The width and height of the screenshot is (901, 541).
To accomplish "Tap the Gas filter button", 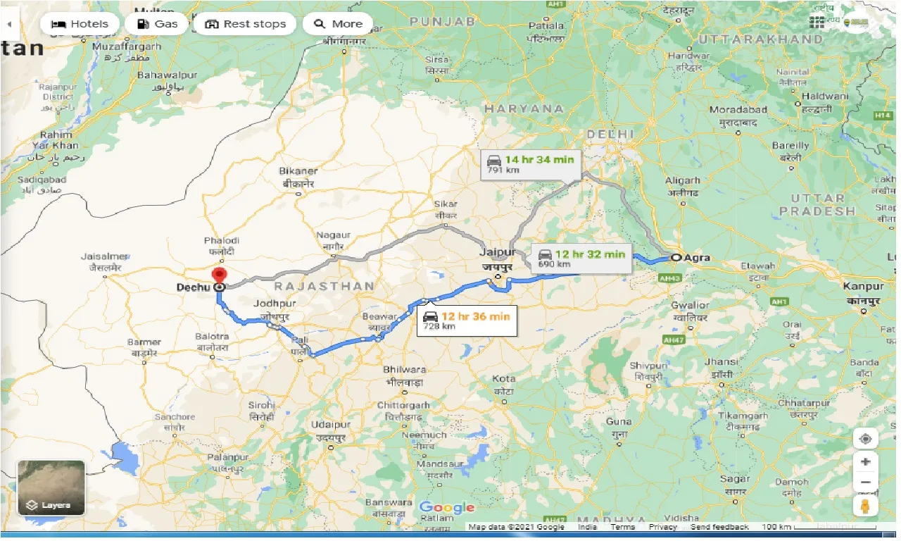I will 157,24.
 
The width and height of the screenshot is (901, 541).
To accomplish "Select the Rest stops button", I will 245,24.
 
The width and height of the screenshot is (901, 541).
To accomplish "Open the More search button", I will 338,24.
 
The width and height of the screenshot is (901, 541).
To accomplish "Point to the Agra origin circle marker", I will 676,258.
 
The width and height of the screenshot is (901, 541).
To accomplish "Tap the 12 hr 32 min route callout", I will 581,258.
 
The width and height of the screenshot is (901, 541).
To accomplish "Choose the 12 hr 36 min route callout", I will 467,321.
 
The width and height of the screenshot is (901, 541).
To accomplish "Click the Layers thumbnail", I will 51,487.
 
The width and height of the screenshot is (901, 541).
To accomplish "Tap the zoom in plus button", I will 865,462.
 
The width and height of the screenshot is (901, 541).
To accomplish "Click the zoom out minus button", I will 865,483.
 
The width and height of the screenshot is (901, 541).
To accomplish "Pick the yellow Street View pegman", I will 865,506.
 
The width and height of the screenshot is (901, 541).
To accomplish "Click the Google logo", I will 446,508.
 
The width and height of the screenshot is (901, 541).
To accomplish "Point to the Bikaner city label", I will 298,171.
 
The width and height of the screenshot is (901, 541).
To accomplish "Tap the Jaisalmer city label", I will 104,256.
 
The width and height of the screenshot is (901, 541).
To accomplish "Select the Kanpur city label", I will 864,287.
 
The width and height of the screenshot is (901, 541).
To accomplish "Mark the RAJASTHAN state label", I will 324,286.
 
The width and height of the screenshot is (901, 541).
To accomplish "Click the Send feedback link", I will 719,527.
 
